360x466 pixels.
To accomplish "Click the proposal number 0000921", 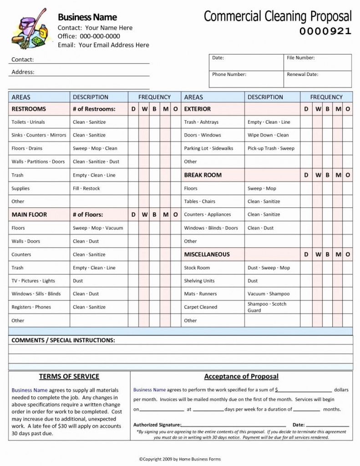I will tap(325, 31).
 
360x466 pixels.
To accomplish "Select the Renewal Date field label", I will tap(303, 74).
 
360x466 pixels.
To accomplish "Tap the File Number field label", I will tap(301, 58).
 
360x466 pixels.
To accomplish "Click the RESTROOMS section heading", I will tap(29, 109).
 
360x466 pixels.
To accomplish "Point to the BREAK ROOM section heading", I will tap(203, 175).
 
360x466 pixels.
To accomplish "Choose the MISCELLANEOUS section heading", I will tap(207, 254).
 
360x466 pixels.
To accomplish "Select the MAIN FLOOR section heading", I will tap(29, 215).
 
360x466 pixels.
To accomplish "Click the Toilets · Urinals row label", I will tap(28, 122).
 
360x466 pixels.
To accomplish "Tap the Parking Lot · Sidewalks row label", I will tap(208, 148).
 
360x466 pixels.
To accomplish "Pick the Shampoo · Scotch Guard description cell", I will tap(267, 307).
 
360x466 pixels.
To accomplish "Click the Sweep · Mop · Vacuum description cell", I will tap(98, 228).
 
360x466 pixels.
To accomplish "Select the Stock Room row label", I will tap(197, 268).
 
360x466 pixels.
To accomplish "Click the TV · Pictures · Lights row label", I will tap(33, 281).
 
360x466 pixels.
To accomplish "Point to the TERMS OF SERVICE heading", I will tap(69, 376).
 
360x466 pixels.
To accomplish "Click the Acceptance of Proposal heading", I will tap(241, 376).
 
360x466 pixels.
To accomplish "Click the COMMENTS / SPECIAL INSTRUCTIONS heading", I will tap(63, 340).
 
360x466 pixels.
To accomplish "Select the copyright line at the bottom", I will tap(180, 459).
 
